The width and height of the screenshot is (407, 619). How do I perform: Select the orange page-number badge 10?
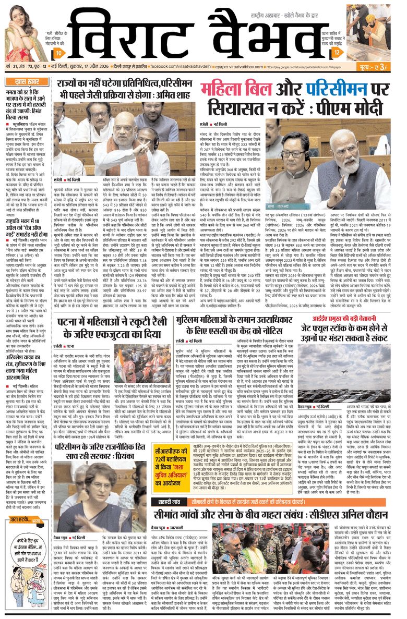pos(61,53)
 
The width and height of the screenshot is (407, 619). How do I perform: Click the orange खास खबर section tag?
pos(24,82)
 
